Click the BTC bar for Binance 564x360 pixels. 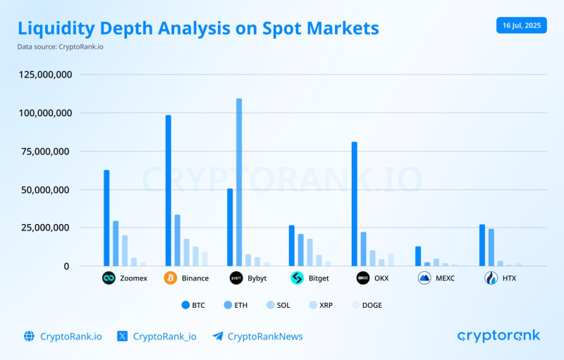tap(168, 190)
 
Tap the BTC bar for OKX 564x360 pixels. tap(354, 204)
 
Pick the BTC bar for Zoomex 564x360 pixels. tap(106, 218)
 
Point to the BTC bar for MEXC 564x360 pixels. tap(418, 256)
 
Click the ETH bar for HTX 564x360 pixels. tap(491, 247)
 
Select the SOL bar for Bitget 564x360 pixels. tap(309, 252)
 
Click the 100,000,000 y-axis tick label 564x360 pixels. tap(44, 113)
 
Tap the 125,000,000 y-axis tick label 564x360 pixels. tap(44, 75)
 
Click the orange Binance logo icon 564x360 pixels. tap(171, 278)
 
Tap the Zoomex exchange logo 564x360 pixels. tap(109, 278)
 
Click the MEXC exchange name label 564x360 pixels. tap(446, 278)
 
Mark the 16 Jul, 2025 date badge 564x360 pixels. tap(521, 25)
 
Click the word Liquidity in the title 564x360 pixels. tap(59, 29)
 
